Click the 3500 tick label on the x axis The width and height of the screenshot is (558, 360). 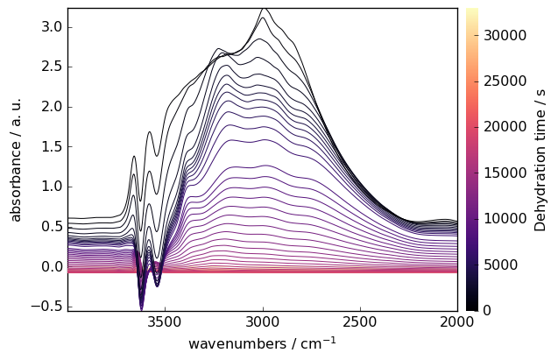point(165,322)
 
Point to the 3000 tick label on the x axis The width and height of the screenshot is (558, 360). point(263,322)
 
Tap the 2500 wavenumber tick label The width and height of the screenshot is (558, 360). point(360,322)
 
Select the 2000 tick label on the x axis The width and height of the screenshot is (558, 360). point(456,322)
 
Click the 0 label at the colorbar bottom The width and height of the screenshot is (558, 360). point(487,310)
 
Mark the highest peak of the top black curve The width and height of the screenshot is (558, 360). point(264,10)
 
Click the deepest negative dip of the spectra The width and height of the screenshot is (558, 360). point(141,307)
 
